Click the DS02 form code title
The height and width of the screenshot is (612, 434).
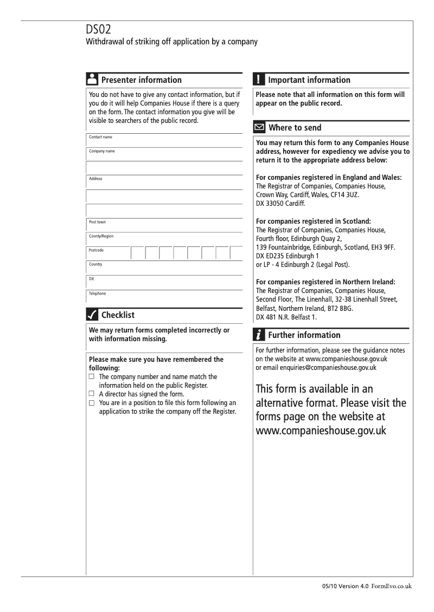pos(100,30)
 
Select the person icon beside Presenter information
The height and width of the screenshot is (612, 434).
pos(92,80)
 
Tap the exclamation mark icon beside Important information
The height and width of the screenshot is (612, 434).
pos(259,80)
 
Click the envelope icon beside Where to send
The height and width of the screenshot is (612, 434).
pos(259,128)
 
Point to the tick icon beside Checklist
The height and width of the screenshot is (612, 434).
pos(92,315)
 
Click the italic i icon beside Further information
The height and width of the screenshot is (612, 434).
pos(259,335)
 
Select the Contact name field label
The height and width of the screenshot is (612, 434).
pos(100,138)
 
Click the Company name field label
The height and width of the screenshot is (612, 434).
pos(102,152)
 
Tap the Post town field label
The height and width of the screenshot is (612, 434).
pos(98,222)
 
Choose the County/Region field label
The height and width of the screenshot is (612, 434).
pos(101,236)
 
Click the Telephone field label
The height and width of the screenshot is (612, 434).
pos(98,294)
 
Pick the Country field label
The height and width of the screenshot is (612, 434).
pos(95,264)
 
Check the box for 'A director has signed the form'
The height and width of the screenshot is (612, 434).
pos(92,394)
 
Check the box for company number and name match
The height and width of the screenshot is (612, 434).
pos(92,376)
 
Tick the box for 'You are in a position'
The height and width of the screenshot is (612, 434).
pos(92,403)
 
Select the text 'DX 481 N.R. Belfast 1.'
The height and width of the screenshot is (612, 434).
pos(286,317)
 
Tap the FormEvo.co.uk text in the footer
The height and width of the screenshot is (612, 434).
pos(392,586)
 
